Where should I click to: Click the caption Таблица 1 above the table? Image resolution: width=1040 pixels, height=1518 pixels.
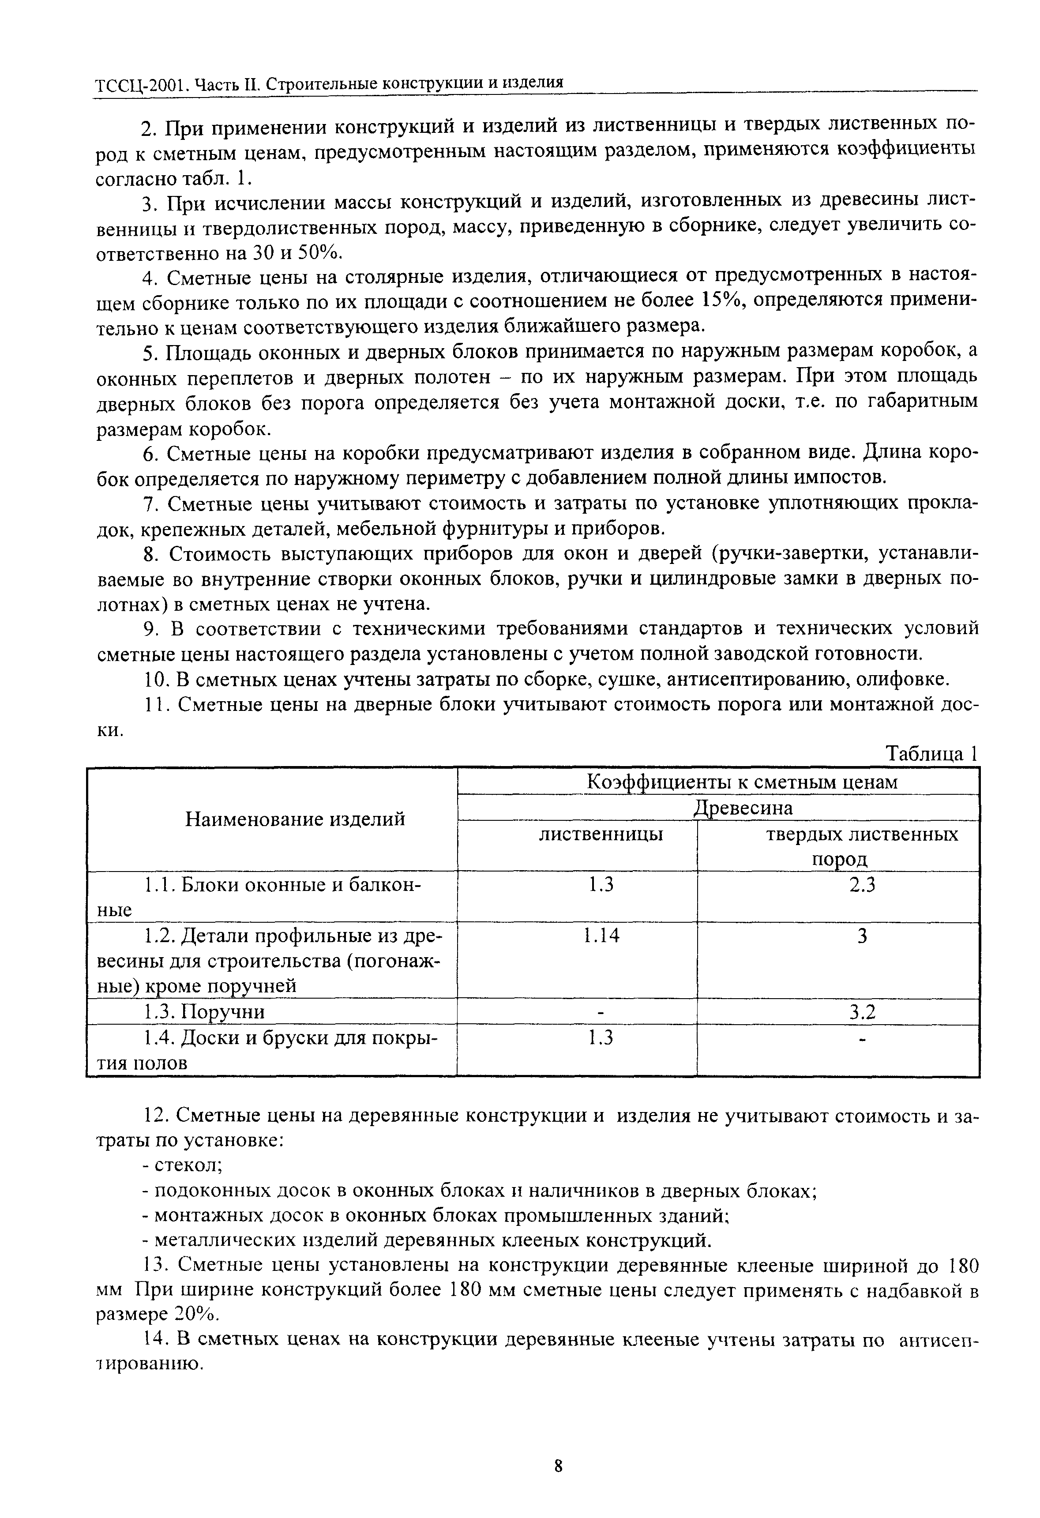[931, 755]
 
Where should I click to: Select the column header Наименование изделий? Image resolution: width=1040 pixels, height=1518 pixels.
[295, 819]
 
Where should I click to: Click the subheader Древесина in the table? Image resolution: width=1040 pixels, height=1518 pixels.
[742, 808]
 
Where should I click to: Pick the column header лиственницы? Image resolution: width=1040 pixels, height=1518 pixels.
[601, 834]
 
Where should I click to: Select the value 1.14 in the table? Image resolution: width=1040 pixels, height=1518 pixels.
[601, 936]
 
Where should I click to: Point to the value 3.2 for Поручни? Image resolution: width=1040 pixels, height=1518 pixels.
[862, 1012]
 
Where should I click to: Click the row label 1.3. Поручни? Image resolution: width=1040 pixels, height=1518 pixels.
[204, 1012]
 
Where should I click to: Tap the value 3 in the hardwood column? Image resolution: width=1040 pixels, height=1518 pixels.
[862, 936]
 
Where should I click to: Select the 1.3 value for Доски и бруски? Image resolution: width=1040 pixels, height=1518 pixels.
[601, 1038]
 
